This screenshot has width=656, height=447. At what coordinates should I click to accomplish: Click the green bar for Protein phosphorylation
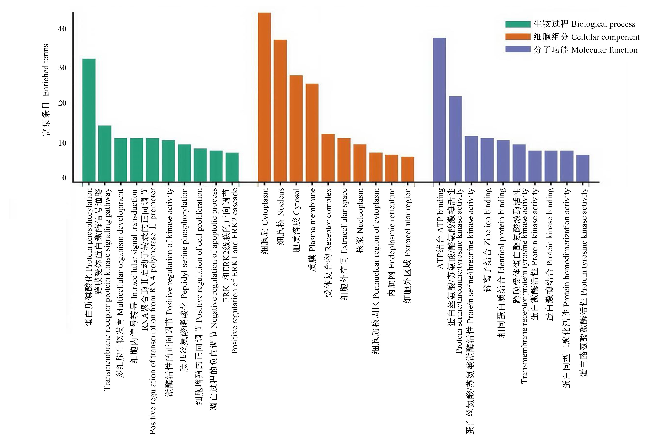coord(89,120)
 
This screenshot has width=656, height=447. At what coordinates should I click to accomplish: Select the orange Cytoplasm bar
coord(264,97)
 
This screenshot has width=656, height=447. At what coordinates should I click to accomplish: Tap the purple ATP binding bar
coord(439,110)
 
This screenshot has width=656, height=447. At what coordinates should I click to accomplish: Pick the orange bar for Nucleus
coord(280,111)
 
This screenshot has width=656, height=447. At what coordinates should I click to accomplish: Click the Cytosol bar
coord(296,129)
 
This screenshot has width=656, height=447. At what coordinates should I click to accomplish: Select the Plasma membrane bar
coord(312,133)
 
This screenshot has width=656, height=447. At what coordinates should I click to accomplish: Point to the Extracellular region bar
coord(408,169)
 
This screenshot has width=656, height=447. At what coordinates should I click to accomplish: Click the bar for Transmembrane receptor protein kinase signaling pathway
coord(105,153)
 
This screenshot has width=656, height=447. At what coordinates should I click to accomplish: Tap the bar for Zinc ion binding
coord(487,160)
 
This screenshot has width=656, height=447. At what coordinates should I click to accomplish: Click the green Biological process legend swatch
coord(518,24)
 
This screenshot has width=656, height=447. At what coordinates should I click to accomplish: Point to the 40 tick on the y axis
coord(62,29)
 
